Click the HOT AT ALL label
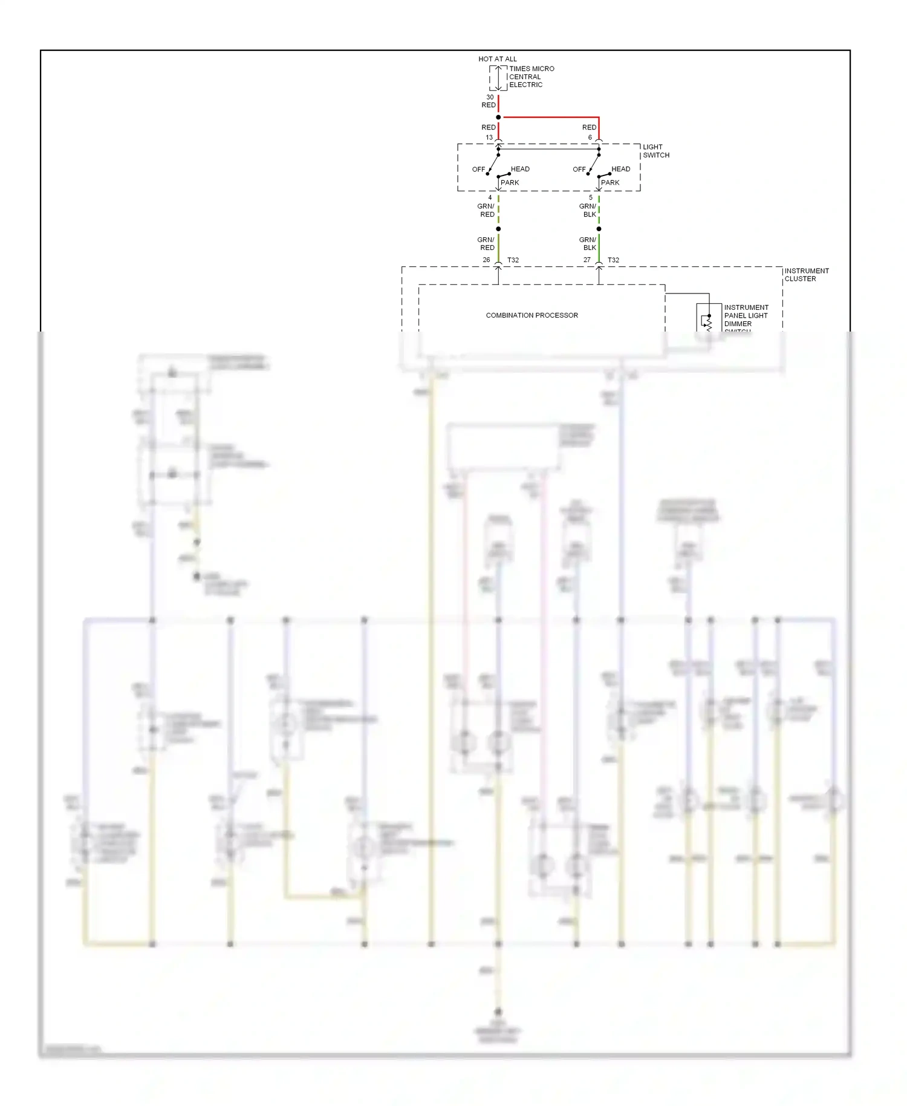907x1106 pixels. tap(497, 59)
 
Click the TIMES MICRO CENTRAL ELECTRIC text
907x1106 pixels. tap(531, 77)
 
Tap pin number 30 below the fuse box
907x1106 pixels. tap(490, 97)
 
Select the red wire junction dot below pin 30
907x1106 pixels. tap(498, 117)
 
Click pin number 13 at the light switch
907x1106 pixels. tap(489, 137)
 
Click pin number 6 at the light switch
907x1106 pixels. tap(590, 137)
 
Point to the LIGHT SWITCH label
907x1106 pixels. tap(655, 151)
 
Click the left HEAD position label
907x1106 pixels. tap(520, 169)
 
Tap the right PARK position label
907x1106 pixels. tap(610, 182)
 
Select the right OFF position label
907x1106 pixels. tap(579, 169)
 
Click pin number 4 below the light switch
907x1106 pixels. tap(490, 197)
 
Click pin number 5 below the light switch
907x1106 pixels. tap(591, 197)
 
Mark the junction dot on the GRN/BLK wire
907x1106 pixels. tap(599, 229)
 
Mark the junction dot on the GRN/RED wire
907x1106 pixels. tap(498, 229)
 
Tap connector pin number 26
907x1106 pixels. tap(486, 260)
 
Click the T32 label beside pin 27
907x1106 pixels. tap(613, 260)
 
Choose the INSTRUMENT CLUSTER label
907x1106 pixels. tap(806, 275)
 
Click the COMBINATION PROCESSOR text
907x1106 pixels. tap(532, 315)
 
